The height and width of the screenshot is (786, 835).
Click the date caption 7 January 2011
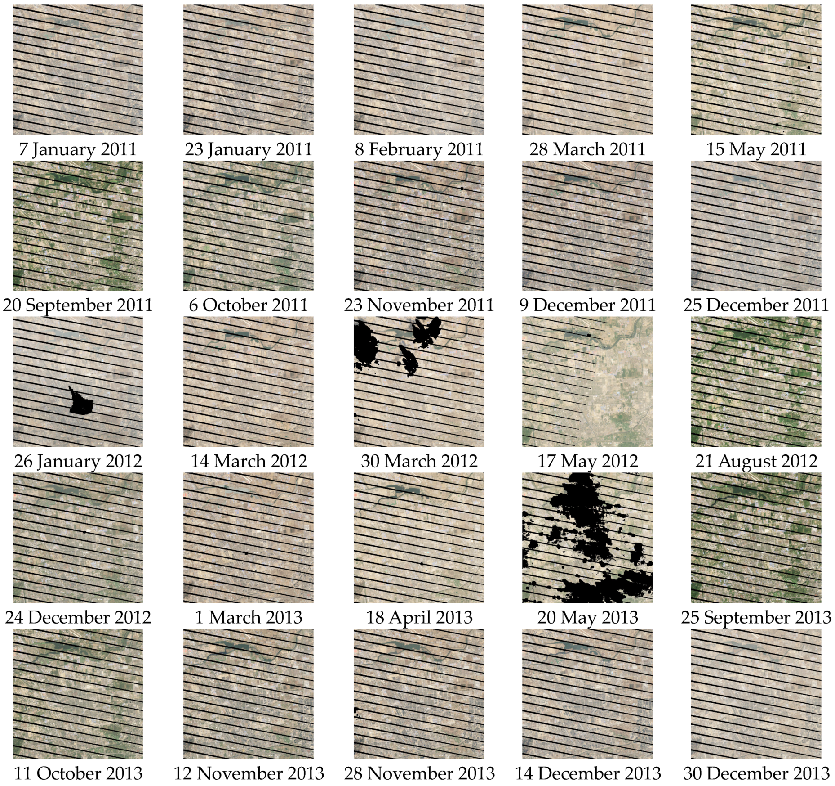click(77, 149)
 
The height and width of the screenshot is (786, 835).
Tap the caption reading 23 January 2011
click(248, 149)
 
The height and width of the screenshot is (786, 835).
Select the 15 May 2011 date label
click(756, 149)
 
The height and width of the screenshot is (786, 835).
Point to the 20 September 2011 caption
click(77, 305)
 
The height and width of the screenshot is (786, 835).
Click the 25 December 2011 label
click(756, 305)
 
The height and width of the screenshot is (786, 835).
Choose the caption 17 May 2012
click(587, 461)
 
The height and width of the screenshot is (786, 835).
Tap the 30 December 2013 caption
click(756, 773)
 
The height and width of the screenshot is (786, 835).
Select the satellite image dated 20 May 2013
click(587, 538)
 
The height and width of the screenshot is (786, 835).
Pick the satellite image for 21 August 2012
click(756, 382)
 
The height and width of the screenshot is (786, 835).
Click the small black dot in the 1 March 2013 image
click(247, 552)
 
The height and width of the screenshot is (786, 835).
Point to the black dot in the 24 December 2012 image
click(84, 532)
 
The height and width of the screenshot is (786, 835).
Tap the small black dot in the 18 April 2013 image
click(422, 563)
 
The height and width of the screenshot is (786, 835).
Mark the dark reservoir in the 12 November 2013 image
click(235, 647)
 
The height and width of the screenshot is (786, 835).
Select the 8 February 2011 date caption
click(419, 149)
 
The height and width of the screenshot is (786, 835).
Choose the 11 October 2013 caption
click(78, 773)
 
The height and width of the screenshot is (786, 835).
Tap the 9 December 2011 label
click(587, 305)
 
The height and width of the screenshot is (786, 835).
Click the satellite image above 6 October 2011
click(248, 226)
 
